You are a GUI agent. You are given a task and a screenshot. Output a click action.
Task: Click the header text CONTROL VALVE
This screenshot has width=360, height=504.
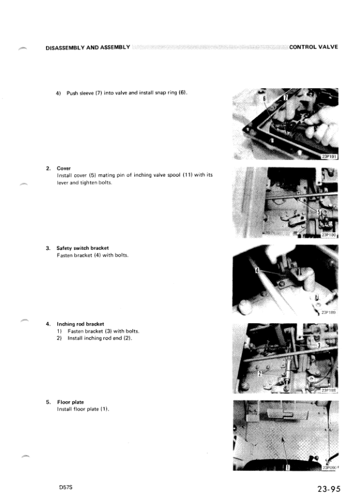pos(313,47)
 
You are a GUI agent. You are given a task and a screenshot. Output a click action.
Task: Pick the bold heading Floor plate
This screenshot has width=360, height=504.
pos(71,402)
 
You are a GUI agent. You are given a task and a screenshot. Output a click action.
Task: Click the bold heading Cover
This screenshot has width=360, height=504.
pos(64,168)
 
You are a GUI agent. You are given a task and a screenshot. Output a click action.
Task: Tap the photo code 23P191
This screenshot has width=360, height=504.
pos(329,156)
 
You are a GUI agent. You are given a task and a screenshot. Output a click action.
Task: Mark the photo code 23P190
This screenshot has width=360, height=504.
pos(329,235)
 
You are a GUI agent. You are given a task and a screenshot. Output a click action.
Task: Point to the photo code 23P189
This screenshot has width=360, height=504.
pos(329,313)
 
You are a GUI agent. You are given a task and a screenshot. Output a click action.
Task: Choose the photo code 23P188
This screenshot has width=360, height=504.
pos(329,390)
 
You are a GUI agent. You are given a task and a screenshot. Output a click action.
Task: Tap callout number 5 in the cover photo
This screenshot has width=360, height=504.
pos(319,212)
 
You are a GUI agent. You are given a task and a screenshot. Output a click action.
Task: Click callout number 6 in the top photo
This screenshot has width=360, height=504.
pos(264,97)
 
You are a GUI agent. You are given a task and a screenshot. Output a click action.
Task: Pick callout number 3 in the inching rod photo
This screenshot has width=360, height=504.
pos(319,345)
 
